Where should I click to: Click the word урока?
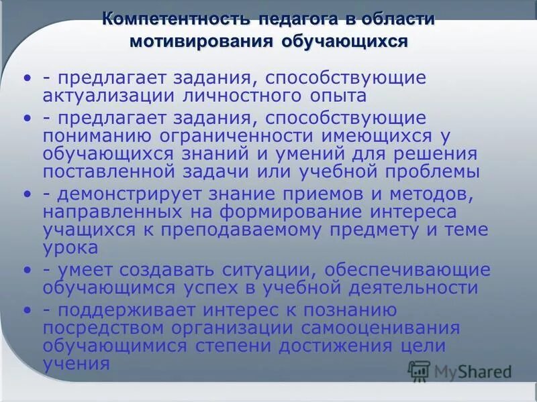[x=70, y=247]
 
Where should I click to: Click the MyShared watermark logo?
[x=460, y=371]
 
